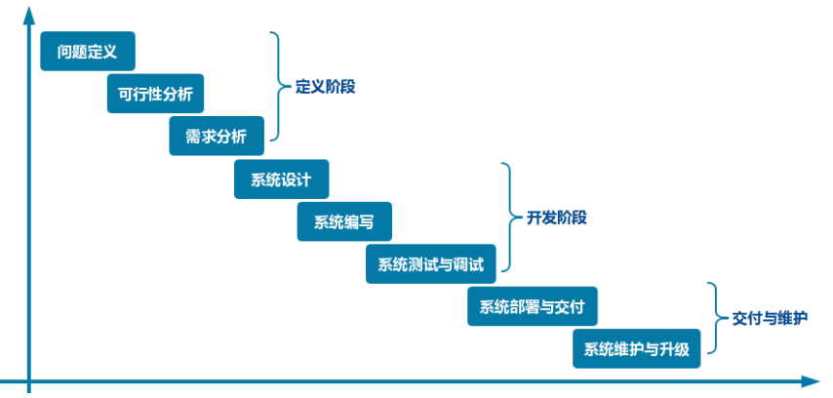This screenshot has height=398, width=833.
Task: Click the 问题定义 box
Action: point(87,51)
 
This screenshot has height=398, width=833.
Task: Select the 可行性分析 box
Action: point(155,94)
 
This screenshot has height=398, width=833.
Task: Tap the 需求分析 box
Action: point(217,136)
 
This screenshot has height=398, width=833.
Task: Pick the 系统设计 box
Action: point(281,179)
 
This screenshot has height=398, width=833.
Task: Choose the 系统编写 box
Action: point(343,221)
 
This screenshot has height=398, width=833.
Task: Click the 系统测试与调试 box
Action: point(430,263)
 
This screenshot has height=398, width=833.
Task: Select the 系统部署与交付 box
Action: point(532,306)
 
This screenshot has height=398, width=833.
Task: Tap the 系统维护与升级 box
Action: point(636,348)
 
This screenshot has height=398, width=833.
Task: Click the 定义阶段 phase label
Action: point(325,86)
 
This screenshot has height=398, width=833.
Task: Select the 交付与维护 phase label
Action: point(770,318)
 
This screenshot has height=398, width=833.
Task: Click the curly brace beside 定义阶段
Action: point(278,86)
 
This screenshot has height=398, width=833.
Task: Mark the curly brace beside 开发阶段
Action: point(506,217)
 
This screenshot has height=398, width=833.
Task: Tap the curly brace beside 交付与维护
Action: point(715,318)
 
